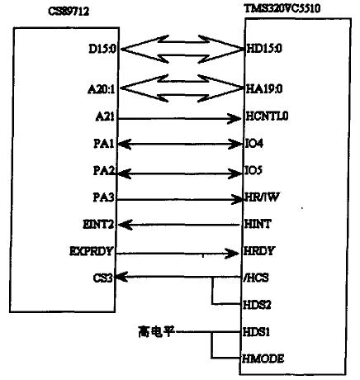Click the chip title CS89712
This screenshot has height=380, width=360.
[x=69, y=12]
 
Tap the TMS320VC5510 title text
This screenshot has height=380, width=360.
[x=282, y=8]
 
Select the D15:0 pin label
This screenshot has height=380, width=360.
[x=102, y=49]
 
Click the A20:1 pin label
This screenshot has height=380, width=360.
[x=102, y=89]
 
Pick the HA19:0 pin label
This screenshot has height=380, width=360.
[x=264, y=89]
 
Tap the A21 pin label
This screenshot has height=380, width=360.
[x=105, y=117]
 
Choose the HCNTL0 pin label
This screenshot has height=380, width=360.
[x=267, y=116]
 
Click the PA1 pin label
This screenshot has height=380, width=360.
[x=104, y=144]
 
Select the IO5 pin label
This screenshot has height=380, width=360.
[x=253, y=170]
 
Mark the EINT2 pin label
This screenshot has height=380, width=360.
[x=98, y=225]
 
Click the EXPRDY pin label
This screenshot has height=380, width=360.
[x=92, y=251]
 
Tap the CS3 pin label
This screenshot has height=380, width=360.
[x=103, y=278]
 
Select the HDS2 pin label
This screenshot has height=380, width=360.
[x=257, y=305]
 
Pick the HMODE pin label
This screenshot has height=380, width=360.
[x=263, y=359]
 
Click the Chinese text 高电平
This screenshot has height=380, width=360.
[x=156, y=331]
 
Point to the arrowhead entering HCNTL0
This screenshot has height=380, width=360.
[x=234, y=119]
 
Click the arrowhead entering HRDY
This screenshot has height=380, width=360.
[x=232, y=254]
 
